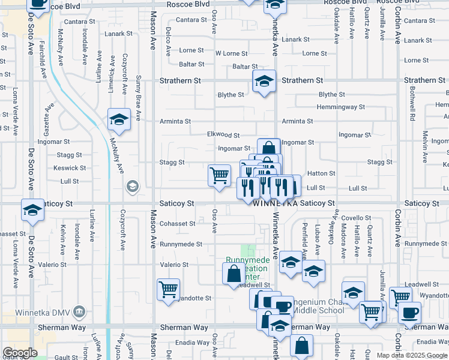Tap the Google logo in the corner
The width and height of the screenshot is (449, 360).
tap(20, 353)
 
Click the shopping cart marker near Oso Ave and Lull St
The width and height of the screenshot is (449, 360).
tap(219, 175)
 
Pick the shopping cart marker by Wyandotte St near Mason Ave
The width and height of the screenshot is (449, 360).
tap(169, 289)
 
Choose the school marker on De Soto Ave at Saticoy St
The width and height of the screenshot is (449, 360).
tap(32, 209)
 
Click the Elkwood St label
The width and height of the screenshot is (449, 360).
tap(223, 135)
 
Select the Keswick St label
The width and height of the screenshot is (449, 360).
tap(65, 168)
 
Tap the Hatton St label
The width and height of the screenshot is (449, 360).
tap(325, 173)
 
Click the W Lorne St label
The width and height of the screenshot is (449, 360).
tap(232, 53)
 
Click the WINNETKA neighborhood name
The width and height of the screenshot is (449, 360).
tap(276, 204)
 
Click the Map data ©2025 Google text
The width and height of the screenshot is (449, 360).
tap(412, 355)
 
